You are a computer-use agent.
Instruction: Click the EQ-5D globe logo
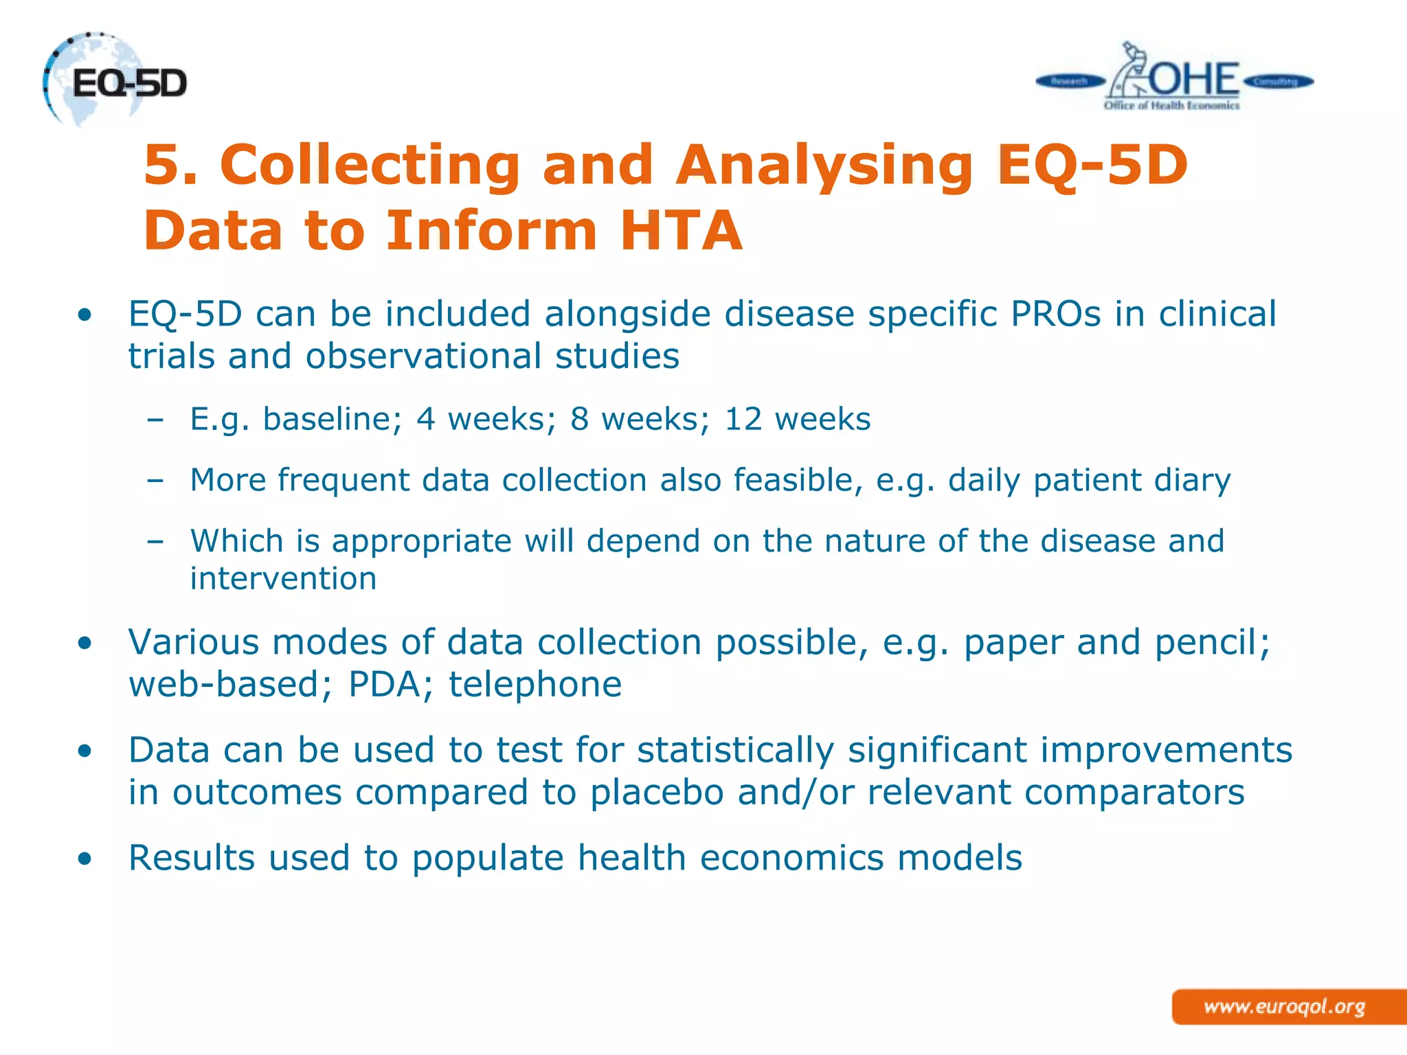coord(113,81)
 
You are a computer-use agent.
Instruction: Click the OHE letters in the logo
coord(1194,80)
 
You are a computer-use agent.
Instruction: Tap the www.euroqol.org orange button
coord(1285,1007)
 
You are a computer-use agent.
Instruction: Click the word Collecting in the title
coord(370,165)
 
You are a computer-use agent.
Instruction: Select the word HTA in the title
coord(681,230)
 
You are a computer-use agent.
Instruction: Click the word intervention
coord(283,578)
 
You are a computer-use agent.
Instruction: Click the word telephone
coord(535,684)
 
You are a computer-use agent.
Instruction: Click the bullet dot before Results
coord(85,859)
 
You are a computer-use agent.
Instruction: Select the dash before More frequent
coord(155,481)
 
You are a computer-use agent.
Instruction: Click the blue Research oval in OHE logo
coord(1069,82)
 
